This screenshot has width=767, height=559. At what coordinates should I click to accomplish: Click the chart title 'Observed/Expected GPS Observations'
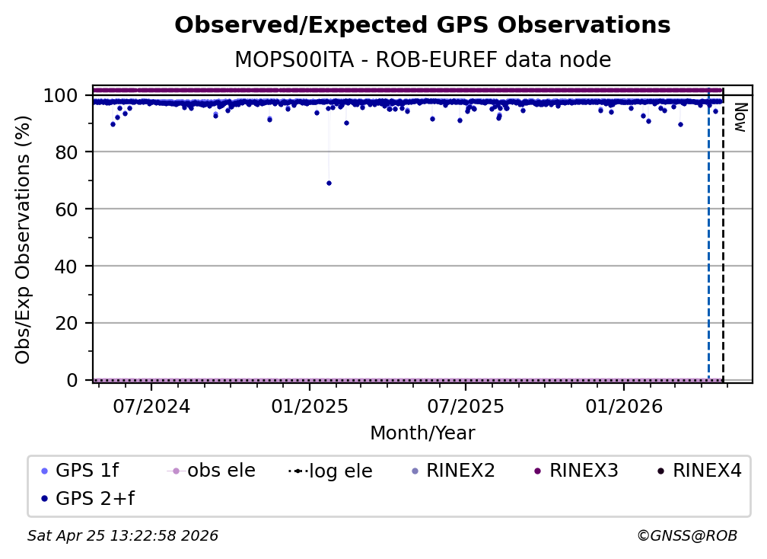[422, 26]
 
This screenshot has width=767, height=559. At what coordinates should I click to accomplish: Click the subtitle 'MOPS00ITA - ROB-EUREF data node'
[422, 59]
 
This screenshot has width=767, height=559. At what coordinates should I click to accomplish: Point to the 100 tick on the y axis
[61, 96]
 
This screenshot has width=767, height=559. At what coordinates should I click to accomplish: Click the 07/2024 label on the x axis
[151, 406]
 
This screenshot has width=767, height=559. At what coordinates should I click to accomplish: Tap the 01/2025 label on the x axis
[309, 406]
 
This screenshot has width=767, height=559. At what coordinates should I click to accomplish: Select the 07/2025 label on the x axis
[466, 406]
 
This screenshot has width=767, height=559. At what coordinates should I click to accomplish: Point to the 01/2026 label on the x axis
[623, 406]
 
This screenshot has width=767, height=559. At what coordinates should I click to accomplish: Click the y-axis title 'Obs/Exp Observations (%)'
[24, 239]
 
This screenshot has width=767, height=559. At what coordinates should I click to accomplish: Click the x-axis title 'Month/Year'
[422, 433]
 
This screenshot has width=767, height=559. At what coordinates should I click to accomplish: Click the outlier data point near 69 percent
[329, 183]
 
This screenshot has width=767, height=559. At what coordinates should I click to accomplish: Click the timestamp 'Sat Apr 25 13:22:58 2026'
[123, 536]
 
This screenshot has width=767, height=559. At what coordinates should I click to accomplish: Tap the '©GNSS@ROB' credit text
[686, 536]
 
